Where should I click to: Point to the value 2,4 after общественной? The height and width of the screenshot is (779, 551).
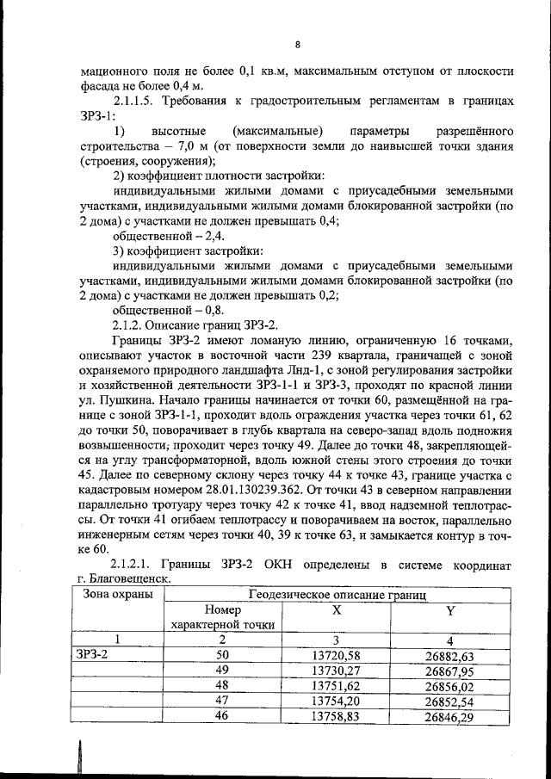tap(189, 234)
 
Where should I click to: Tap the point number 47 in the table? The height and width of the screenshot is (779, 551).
tap(221, 702)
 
